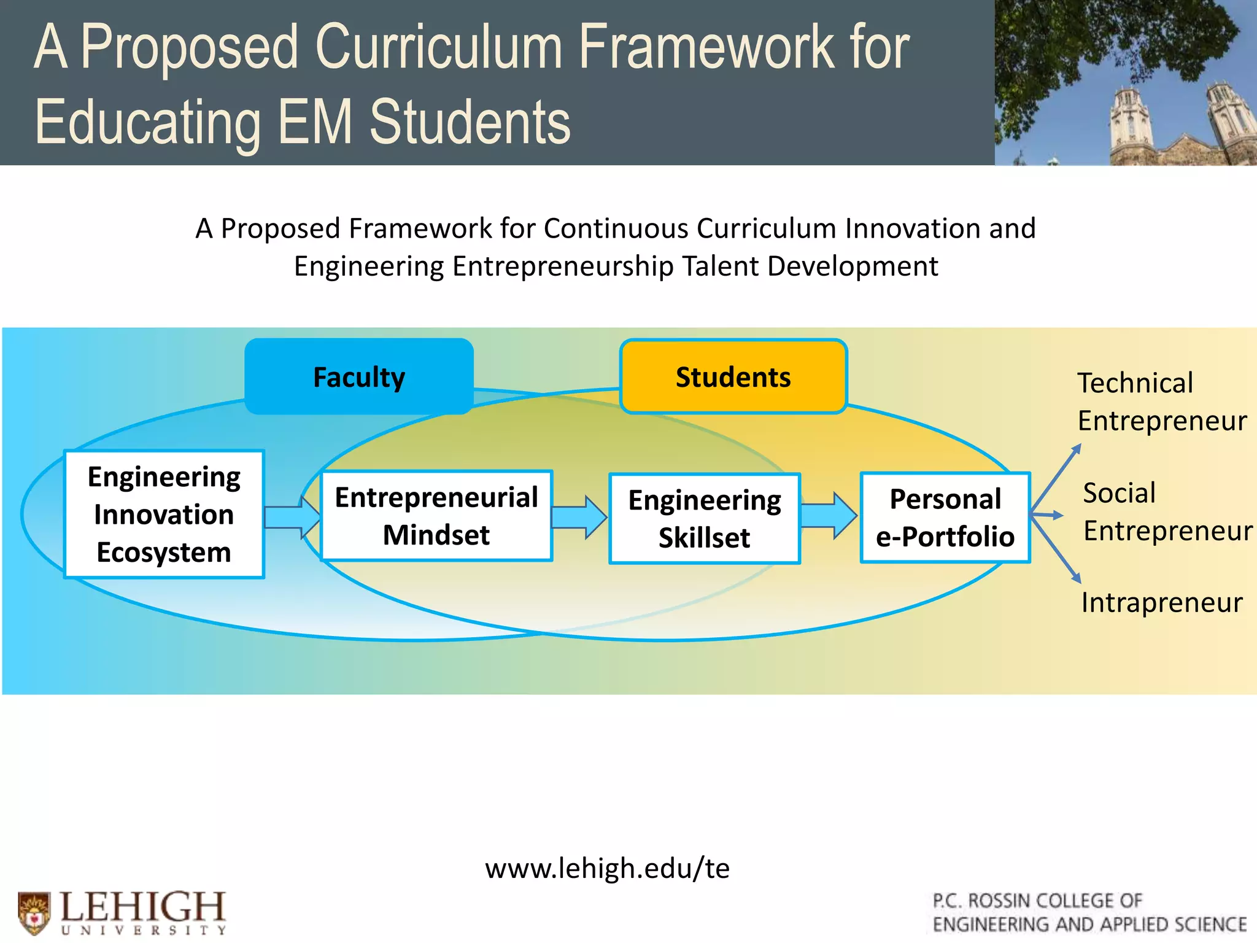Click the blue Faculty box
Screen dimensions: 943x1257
point(359,376)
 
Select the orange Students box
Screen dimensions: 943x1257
point(733,376)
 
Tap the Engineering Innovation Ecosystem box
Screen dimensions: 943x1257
point(164,514)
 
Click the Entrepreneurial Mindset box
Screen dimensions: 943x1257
point(436,516)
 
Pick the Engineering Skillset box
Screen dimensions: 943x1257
point(704,519)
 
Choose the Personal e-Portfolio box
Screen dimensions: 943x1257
point(945,518)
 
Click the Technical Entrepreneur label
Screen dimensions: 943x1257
point(1161,402)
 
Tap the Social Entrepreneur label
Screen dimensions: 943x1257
point(1166,511)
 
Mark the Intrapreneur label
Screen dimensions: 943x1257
point(1161,602)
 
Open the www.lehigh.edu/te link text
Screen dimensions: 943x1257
point(607,868)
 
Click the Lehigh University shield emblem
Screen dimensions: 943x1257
point(34,912)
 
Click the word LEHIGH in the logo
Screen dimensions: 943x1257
point(143,906)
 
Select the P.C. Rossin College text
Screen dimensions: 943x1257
point(1089,912)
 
